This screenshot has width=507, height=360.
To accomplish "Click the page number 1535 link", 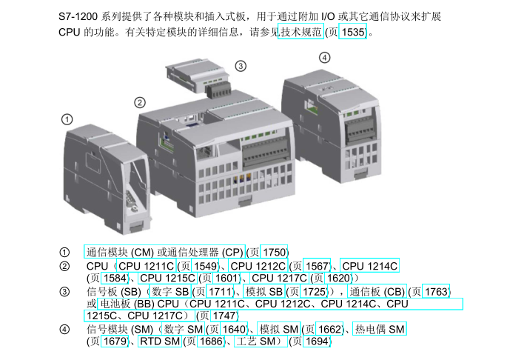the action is pyautogui.click(x=352, y=32).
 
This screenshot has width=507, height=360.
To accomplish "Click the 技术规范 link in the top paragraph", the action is pyautogui.click(x=300, y=31).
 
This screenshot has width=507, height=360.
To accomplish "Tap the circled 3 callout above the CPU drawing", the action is pyautogui.click(x=241, y=66).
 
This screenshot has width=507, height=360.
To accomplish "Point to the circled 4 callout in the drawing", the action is pyautogui.click(x=325, y=58).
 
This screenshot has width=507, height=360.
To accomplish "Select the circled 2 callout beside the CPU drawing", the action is pyautogui.click(x=140, y=103).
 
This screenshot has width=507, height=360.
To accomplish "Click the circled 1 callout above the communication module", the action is pyautogui.click(x=67, y=119).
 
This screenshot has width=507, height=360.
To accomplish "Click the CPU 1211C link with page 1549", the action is pyautogui.click(x=146, y=266).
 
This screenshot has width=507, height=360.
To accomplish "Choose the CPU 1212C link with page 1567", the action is pyautogui.click(x=258, y=266).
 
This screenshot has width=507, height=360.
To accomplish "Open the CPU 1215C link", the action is pyautogui.click(x=167, y=278).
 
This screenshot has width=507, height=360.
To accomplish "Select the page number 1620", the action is pyautogui.click(x=338, y=278).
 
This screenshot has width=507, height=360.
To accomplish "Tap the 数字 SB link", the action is pyautogui.click(x=170, y=291).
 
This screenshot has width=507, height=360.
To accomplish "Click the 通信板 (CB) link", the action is pyautogui.click(x=377, y=291).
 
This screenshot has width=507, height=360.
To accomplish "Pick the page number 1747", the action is pyautogui.click(x=224, y=316).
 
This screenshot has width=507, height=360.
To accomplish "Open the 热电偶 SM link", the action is pyautogui.click(x=380, y=329).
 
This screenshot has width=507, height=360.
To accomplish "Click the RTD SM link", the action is pyautogui.click(x=160, y=341).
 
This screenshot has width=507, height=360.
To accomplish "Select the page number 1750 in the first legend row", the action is pyautogui.click(x=274, y=252).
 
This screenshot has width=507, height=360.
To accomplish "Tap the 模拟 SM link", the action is pyautogui.click(x=279, y=329).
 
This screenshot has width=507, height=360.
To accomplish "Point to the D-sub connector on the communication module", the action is pyautogui.click(x=132, y=201).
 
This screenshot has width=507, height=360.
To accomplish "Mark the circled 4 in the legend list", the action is pyautogui.click(x=64, y=329).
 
